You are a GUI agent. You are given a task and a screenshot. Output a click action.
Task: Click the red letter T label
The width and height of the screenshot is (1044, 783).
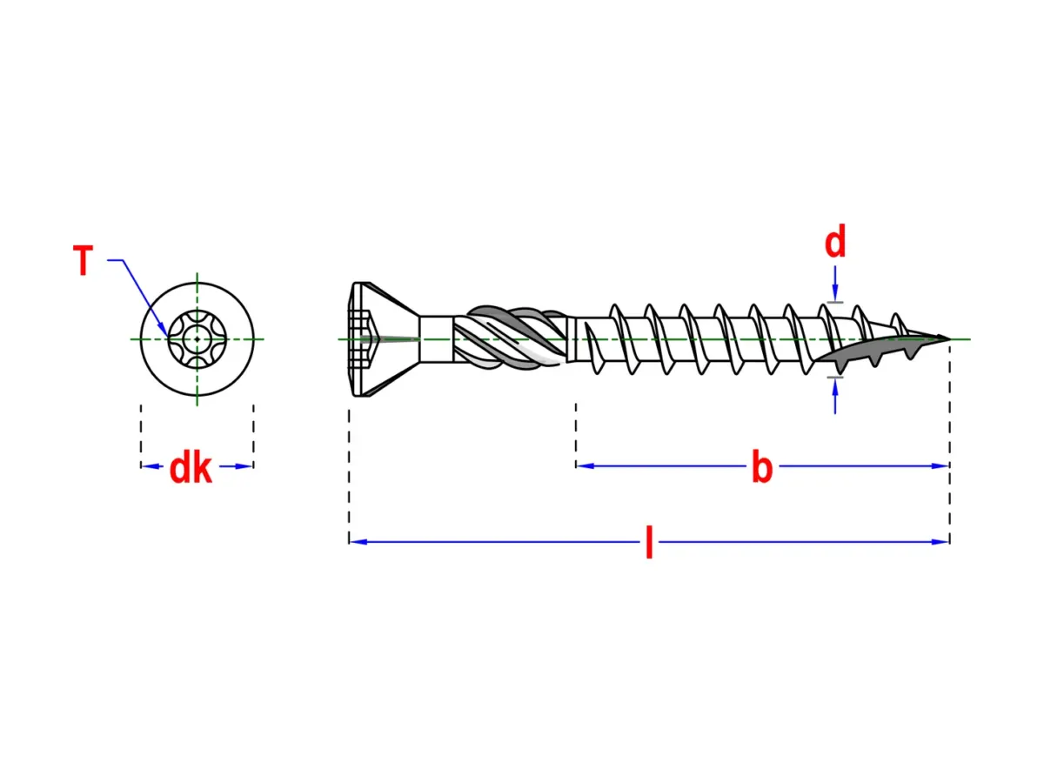tap(83, 259)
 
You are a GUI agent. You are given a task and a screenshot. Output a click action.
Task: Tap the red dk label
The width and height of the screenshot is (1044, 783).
tap(191, 468)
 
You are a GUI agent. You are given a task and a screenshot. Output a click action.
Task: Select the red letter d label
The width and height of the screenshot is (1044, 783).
tap(834, 241)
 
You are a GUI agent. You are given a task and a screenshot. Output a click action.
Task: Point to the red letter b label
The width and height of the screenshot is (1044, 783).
tap(762, 466)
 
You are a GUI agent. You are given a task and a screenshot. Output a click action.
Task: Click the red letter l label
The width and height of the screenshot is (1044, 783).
tap(649, 542)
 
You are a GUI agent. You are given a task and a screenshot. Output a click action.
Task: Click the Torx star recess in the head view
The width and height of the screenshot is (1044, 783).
tap(197, 339)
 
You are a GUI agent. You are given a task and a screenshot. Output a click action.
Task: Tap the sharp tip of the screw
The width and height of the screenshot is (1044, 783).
tap(949, 339)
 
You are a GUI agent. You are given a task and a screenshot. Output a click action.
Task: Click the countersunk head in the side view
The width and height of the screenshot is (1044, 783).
tap(384, 339)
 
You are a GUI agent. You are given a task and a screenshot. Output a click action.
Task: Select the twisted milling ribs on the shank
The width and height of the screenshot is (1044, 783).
tap(511, 338)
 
